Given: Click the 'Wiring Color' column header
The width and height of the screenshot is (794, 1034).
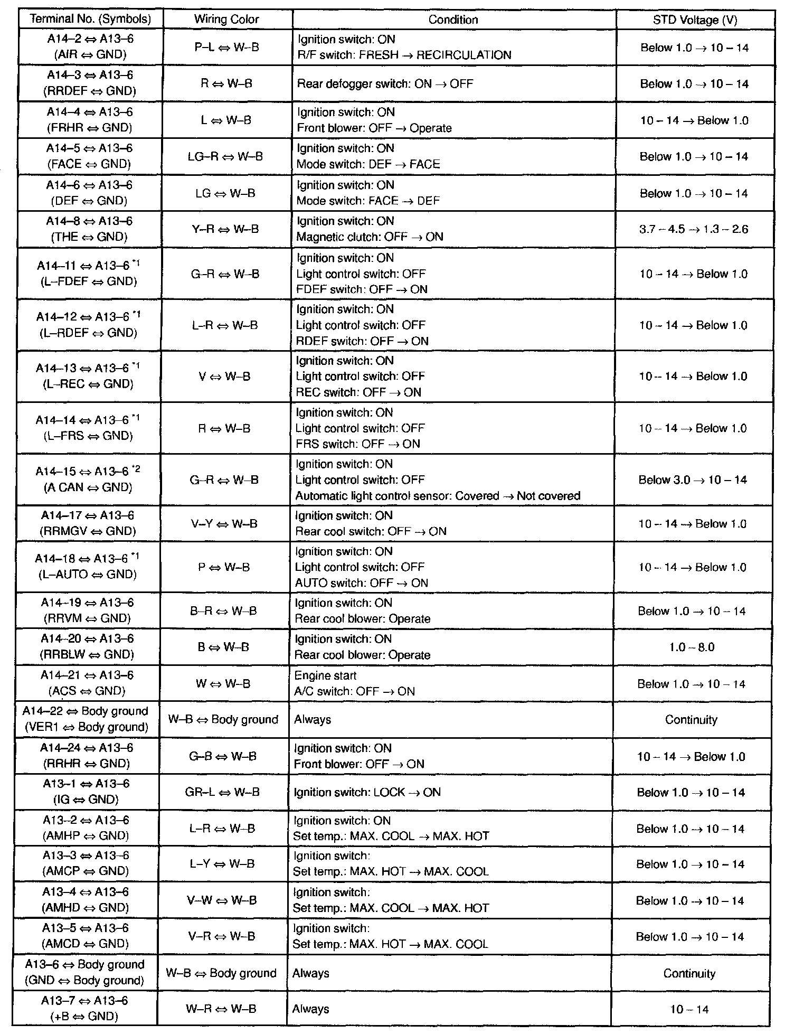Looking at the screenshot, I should point(226,20).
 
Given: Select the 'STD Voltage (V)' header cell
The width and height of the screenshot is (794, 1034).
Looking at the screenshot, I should point(695,20).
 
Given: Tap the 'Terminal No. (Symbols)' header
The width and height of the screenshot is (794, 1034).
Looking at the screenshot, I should point(90,20).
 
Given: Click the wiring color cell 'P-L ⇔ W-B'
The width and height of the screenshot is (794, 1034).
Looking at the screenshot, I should point(226,47).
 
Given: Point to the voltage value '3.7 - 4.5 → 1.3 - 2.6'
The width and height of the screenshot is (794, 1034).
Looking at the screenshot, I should point(694,229).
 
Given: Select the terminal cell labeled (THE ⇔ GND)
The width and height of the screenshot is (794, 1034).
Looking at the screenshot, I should point(89,229).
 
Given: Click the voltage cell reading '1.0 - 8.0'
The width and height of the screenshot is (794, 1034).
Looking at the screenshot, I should point(692,647).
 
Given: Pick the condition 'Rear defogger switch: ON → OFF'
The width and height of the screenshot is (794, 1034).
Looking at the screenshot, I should point(385,83).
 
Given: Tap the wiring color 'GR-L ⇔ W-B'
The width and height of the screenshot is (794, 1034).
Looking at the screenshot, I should point(223,792).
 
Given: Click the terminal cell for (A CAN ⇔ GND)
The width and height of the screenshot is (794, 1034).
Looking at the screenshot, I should point(88,479).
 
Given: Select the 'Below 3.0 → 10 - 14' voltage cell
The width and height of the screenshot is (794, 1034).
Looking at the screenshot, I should point(693,480).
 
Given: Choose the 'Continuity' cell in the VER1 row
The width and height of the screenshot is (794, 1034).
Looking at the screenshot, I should point(691,720).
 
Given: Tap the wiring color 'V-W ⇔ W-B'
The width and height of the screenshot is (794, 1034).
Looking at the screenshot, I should point(222,900).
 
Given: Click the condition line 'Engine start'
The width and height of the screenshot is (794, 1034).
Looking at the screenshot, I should point(325,675).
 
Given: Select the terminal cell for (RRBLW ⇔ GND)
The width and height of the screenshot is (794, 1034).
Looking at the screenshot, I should point(87,647).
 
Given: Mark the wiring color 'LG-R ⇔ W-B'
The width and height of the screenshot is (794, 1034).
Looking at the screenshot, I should point(225,156).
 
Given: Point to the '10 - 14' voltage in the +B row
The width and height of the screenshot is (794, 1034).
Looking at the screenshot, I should point(689,1009).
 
